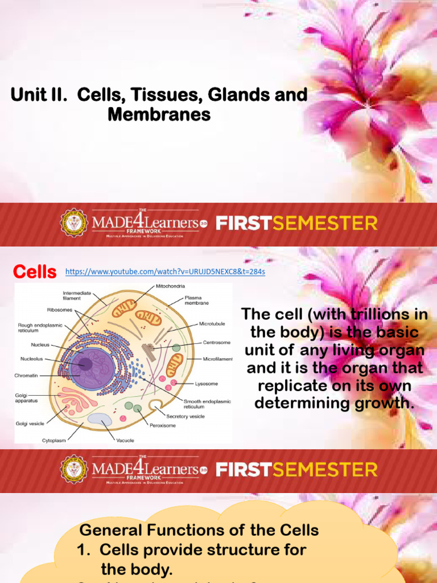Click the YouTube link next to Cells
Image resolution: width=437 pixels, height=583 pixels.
pyautogui.click(x=165, y=272)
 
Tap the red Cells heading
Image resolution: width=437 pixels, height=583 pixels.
pyautogui.click(x=35, y=272)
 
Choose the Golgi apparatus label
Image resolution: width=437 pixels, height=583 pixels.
pyautogui.click(x=26, y=397)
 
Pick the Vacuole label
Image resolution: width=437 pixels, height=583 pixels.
pyautogui.click(x=126, y=440)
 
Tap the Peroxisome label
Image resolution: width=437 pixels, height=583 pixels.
pyautogui.click(x=163, y=425)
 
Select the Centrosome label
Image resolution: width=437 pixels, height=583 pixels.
pyautogui.click(x=217, y=343)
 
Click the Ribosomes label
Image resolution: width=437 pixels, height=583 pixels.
pyautogui.click(x=59, y=310)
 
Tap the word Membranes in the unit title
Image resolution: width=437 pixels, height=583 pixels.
pyautogui.click(x=159, y=114)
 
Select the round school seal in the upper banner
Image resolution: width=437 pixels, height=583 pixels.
pyautogui.click(x=74, y=223)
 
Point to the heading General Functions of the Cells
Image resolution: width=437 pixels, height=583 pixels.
pyautogui.click(x=199, y=530)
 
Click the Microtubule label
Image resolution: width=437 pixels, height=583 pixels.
pyautogui.click(x=212, y=323)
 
